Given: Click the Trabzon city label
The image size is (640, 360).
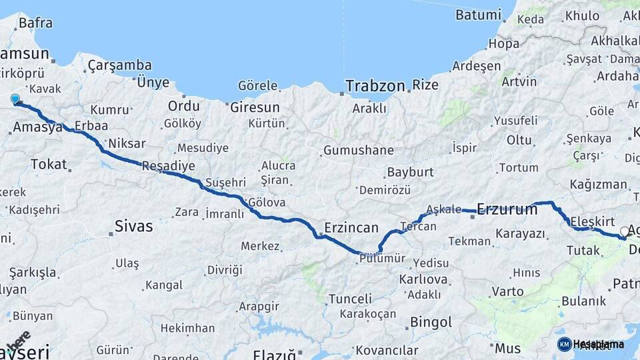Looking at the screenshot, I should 375,85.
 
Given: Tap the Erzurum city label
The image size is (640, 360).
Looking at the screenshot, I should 507,209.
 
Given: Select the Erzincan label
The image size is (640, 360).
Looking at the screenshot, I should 351,227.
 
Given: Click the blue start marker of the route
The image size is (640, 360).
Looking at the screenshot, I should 15,99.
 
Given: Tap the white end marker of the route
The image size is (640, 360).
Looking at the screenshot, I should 625,231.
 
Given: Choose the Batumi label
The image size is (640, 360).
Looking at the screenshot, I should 478,14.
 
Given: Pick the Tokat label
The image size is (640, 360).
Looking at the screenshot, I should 49,164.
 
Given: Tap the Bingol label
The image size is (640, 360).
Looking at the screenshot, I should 431,322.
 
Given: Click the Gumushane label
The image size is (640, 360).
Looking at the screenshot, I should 358,150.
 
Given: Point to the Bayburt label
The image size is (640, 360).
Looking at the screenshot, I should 410,172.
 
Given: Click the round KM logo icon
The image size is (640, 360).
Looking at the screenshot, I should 564,344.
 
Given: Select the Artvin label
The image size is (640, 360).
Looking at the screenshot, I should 519,81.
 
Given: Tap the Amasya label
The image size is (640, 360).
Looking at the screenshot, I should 37,127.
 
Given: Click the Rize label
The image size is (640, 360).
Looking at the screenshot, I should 425,85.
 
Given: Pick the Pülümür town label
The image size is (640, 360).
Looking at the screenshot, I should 381,259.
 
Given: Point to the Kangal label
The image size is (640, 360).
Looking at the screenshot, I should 163,285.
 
